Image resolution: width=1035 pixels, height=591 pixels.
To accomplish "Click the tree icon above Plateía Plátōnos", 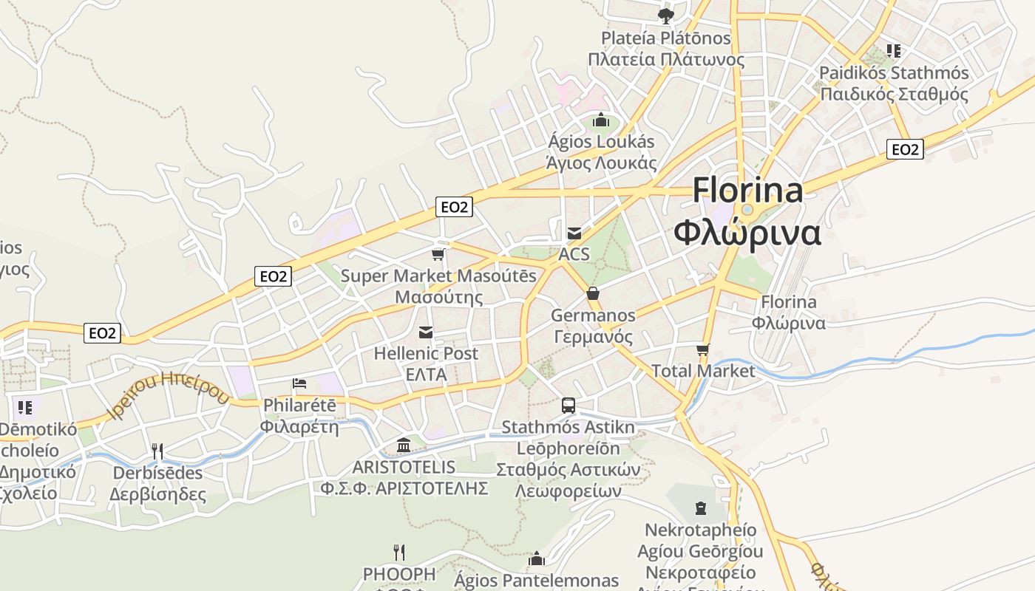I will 665,15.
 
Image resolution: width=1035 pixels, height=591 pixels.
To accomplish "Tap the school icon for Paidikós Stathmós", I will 894,51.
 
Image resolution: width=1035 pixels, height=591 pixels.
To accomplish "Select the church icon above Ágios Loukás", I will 600,119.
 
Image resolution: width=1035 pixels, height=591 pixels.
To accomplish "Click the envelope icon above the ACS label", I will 574,233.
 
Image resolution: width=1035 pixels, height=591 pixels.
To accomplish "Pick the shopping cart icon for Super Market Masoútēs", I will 438,255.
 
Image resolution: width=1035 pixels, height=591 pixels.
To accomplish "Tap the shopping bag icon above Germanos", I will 592,293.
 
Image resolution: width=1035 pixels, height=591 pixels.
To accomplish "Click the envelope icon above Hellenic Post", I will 426,332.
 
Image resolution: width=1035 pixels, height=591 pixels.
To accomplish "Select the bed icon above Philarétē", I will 299,383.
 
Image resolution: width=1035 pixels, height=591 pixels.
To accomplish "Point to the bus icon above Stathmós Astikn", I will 568,405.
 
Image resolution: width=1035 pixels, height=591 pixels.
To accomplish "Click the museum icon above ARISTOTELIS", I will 404,445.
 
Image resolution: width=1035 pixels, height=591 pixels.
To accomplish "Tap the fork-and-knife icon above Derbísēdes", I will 157,451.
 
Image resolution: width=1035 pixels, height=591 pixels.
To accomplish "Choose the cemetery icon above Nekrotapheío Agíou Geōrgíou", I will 701,508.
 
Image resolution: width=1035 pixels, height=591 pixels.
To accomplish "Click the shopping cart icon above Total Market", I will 702,349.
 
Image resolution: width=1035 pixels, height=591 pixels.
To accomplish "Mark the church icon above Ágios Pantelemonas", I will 537,558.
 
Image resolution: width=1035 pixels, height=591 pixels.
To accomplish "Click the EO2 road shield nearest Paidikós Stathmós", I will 905,149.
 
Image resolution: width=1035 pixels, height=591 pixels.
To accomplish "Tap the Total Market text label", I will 703,371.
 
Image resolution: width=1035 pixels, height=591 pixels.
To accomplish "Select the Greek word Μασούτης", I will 439,297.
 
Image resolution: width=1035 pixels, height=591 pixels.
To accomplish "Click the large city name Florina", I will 747,191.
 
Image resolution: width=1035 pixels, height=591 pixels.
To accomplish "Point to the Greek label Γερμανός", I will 594,337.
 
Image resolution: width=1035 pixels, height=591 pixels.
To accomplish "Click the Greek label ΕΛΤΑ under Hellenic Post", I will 426,375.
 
